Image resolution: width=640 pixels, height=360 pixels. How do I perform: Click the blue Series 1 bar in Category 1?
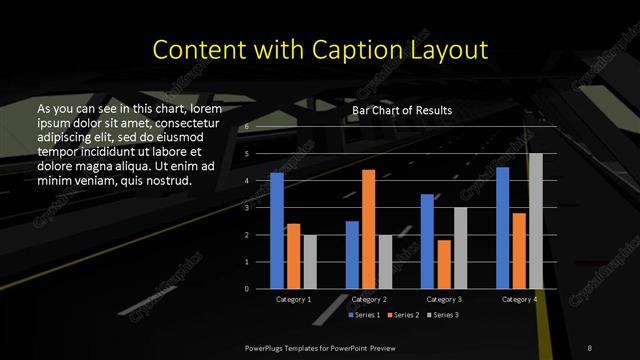pyautogui.click(x=277, y=230)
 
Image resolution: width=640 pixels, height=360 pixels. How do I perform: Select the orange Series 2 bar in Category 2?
pyautogui.click(x=368, y=229)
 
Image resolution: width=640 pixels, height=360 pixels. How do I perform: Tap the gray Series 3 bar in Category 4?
pyautogui.click(x=535, y=220)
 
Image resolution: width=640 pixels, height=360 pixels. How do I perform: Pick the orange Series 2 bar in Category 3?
pyautogui.click(x=443, y=264)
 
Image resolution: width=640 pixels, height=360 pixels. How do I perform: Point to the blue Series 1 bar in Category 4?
pyautogui.click(x=502, y=227)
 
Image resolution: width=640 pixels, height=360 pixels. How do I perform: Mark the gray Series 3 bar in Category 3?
pyautogui.click(x=459, y=247)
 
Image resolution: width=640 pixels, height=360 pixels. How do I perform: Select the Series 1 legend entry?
pyautogui.click(x=365, y=315)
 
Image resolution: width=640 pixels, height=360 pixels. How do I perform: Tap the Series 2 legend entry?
pyautogui.click(x=402, y=315)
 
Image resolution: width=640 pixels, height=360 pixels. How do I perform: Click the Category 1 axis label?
pyautogui.click(x=293, y=299)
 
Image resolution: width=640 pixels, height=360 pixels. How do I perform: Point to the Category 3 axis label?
pyautogui.click(x=443, y=299)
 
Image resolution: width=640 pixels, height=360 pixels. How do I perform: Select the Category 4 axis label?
pyautogui.click(x=519, y=299)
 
